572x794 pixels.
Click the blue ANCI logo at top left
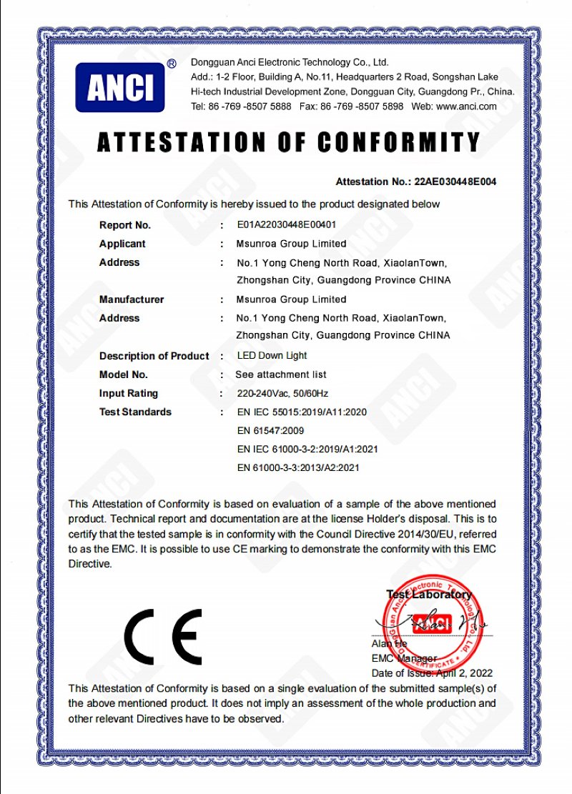click(119, 87)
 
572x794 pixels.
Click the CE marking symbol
click(163, 635)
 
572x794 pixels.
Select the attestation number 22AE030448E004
click(455, 182)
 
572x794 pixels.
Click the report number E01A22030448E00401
click(287, 225)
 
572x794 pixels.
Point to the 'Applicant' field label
click(122, 244)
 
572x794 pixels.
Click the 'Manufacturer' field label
click(132, 299)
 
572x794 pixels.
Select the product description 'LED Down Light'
click(272, 356)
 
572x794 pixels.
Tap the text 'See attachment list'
click(280, 374)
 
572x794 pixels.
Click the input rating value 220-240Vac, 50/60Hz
click(282, 393)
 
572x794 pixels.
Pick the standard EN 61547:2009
click(270, 430)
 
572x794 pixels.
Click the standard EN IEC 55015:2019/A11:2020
click(301, 412)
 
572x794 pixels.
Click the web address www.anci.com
click(466, 106)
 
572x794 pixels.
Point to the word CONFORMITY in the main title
click(398, 142)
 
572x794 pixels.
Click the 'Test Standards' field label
click(135, 412)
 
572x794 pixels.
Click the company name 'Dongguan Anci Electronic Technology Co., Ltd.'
click(289, 63)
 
